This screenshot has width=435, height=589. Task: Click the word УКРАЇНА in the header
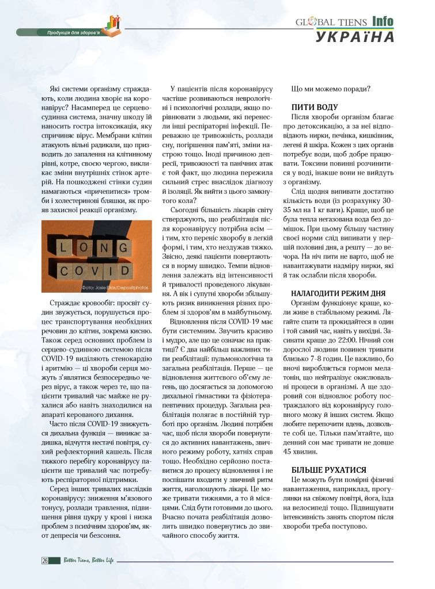click(355, 37)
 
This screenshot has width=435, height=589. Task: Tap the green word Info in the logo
click(383, 21)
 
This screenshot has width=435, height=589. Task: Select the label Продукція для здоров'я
click(73, 32)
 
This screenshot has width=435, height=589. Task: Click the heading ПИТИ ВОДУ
click(315, 107)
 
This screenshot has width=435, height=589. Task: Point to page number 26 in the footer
click(44, 560)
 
